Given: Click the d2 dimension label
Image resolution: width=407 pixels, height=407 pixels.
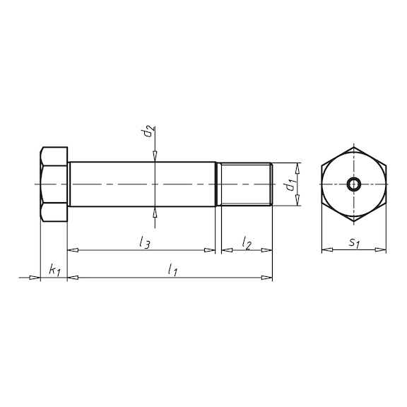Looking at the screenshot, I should (x=147, y=133).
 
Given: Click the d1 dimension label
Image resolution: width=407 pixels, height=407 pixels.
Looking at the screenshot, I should (x=288, y=186).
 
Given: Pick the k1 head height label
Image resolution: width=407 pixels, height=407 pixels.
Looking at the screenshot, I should (x=54, y=270).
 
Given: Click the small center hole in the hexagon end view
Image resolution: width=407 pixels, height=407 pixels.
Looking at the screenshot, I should (x=354, y=185).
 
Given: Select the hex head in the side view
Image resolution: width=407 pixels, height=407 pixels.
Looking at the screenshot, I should (x=54, y=185).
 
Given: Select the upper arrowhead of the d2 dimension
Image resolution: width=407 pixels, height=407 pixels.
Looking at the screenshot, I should (x=155, y=158).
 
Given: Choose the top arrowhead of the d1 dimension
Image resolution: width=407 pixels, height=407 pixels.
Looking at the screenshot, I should (x=297, y=167).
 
